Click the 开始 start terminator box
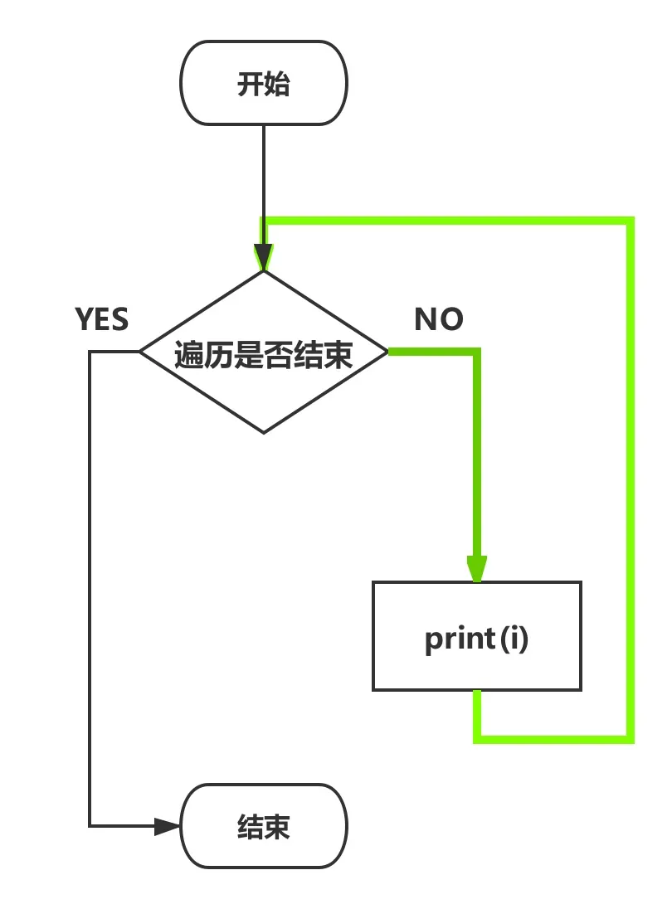[x=264, y=84]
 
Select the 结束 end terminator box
[x=264, y=827]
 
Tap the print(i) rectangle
[x=476, y=636]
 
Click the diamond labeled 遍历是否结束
[x=264, y=353]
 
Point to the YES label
[x=102, y=319]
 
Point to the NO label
[x=439, y=319]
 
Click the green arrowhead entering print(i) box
[x=476, y=569]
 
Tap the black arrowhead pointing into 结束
[x=168, y=826]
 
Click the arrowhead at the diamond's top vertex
[x=264, y=257]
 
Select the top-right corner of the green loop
[x=630, y=221]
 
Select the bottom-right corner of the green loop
[x=630, y=737]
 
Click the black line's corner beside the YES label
[x=90, y=352]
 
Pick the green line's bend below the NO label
[x=477, y=353]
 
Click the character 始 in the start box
[x=277, y=85]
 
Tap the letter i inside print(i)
[x=515, y=639]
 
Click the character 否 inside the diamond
[x=278, y=356]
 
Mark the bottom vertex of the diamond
[x=264, y=433]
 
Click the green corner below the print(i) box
[x=478, y=737]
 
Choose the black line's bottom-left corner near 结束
[x=90, y=826]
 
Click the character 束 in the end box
[x=277, y=828]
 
